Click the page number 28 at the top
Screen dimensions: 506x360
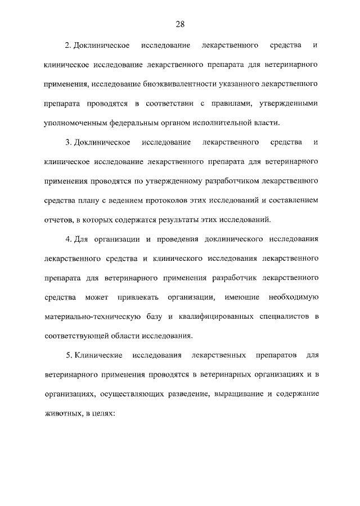(x=180, y=24)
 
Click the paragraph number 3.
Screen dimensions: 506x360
(x=67, y=142)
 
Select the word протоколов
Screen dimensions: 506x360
(x=174, y=200)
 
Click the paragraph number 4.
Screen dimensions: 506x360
(x=67, y=240)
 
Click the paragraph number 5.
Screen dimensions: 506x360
(x=67, y=356)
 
